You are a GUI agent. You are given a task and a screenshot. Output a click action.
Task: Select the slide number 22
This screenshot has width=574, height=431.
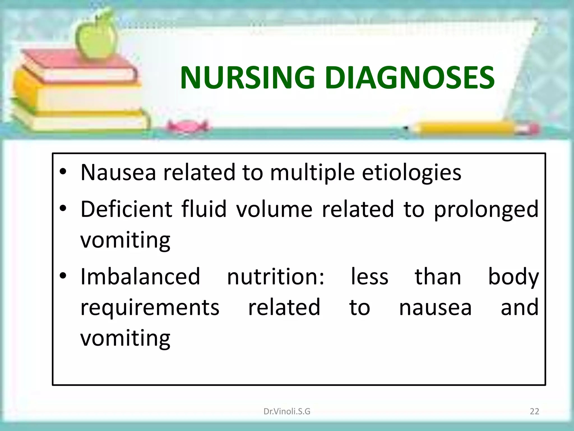[534, 411]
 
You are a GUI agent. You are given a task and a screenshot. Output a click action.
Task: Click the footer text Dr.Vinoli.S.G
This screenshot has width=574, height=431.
[287, 411]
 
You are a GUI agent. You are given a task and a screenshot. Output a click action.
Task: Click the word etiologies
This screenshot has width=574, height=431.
[411, 173]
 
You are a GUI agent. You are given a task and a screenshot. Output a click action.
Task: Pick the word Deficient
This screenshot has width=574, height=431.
[126, 209]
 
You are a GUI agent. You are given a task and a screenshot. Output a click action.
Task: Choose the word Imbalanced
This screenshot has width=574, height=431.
[140, 277]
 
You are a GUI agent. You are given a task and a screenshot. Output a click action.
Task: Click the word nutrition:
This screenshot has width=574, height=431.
[276, 277]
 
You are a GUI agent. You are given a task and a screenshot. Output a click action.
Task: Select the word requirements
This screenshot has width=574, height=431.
[150, 308]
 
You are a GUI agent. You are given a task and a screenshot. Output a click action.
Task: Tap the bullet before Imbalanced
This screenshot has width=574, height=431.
[63, 276]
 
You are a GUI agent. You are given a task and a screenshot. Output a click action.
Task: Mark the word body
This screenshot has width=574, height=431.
[513, 277]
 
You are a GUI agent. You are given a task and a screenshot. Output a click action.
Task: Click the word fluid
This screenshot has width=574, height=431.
[204, 209]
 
